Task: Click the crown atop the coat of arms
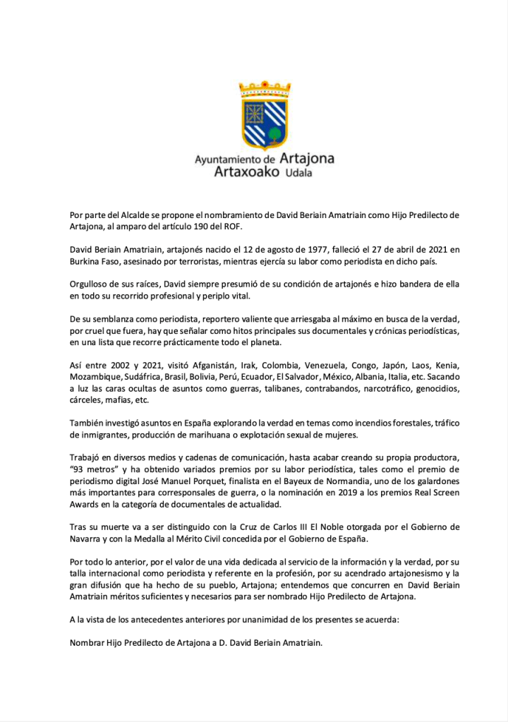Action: (x=265, y=89)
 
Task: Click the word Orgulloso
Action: (x=91, y=284)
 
